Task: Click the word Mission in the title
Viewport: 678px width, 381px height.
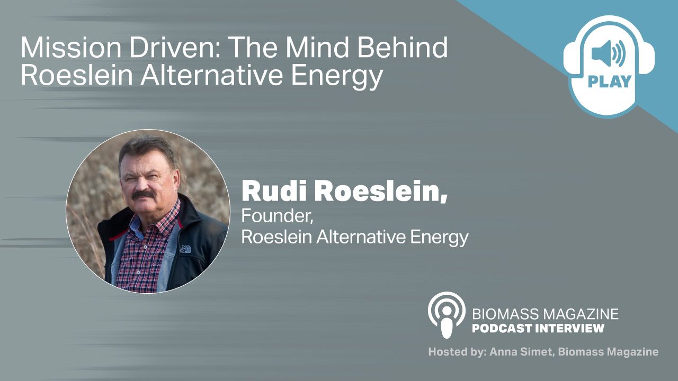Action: [71, 48]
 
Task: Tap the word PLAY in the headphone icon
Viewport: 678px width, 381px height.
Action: [610, 81]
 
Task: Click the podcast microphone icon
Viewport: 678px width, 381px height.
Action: [447, 315]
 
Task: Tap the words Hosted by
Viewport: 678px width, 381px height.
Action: [457, 352]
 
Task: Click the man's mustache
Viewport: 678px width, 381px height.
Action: [143, 194]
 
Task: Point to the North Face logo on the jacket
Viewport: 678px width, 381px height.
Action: [185, 249]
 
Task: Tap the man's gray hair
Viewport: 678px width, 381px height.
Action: [146, 150]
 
